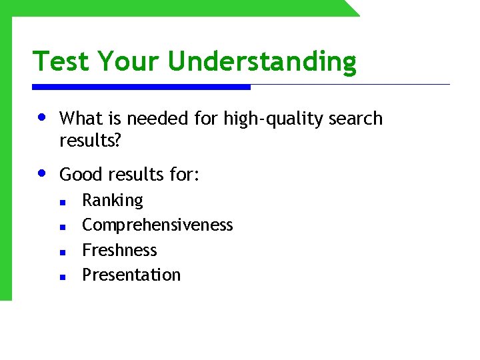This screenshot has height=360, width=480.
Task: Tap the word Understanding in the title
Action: (x=262, y=61)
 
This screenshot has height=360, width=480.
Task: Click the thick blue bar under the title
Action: (x=141, y=87)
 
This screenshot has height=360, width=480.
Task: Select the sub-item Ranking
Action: (x=112, y=201)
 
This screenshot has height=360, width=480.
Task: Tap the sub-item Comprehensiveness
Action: (x=157, y=225)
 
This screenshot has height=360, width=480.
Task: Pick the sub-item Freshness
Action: (x=119, y=250)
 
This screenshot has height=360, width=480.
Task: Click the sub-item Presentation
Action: (x=131, y=275)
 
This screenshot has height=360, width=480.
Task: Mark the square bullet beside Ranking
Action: (x=61, y=202)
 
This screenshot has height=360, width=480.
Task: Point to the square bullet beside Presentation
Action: (x=61, y=276)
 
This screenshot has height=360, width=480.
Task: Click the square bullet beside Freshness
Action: (x=61, y=252)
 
